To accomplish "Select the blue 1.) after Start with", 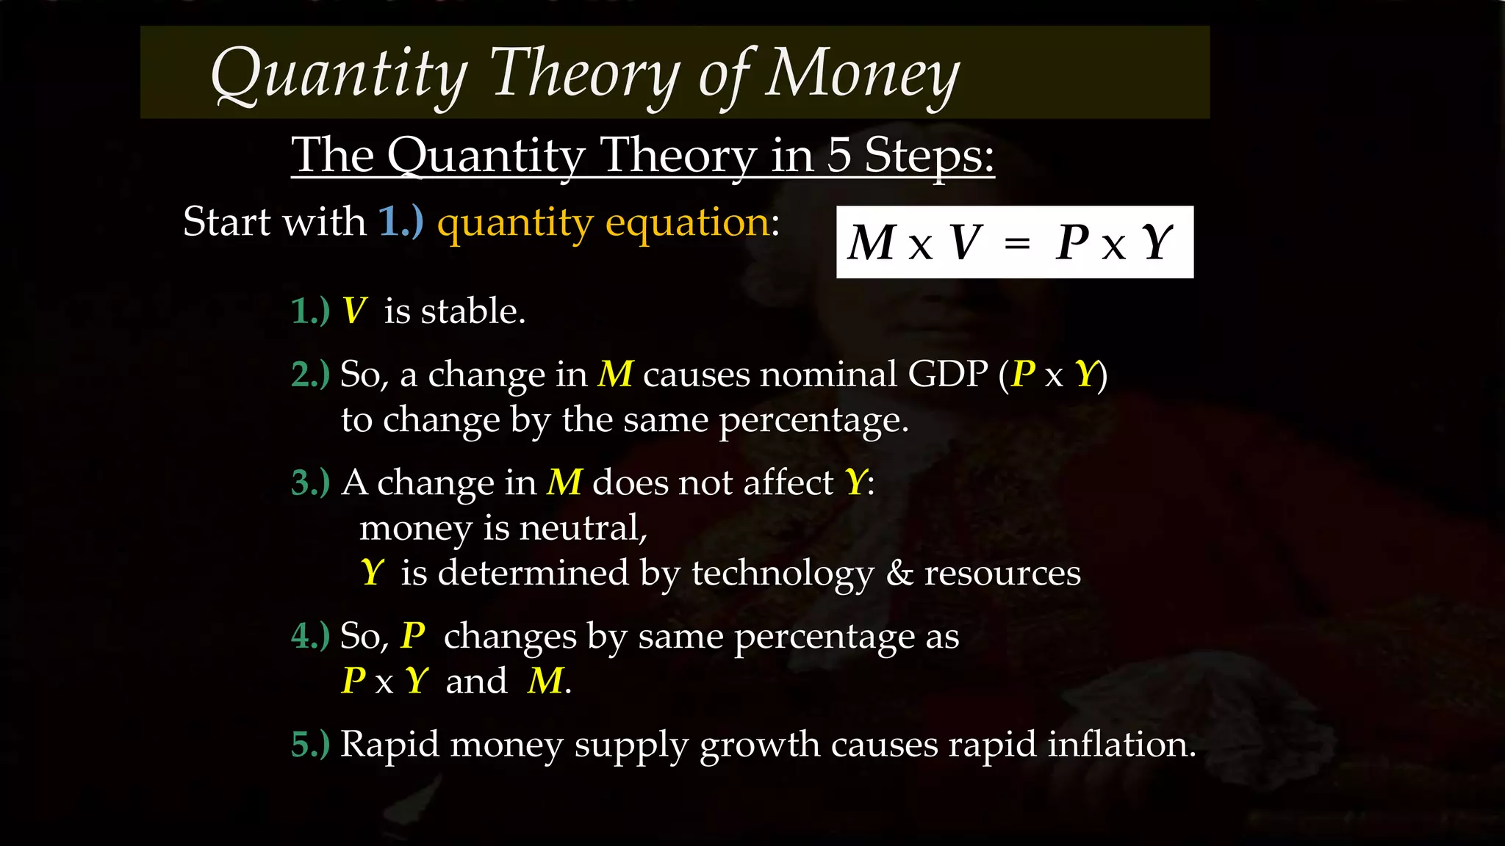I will tap(401, 222).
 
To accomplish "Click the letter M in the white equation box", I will tap(872, 243).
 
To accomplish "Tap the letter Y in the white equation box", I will tap(1157, 243).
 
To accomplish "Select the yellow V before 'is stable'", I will tap(354, 311).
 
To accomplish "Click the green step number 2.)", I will tap(310, 375).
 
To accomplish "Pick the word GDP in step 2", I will tap(947, 375).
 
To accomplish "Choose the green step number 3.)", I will tap(310, 483).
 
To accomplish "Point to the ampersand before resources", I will tap(899, 573).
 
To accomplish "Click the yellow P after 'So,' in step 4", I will tap(413, 636).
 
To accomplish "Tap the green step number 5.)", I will tap(310, 745).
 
